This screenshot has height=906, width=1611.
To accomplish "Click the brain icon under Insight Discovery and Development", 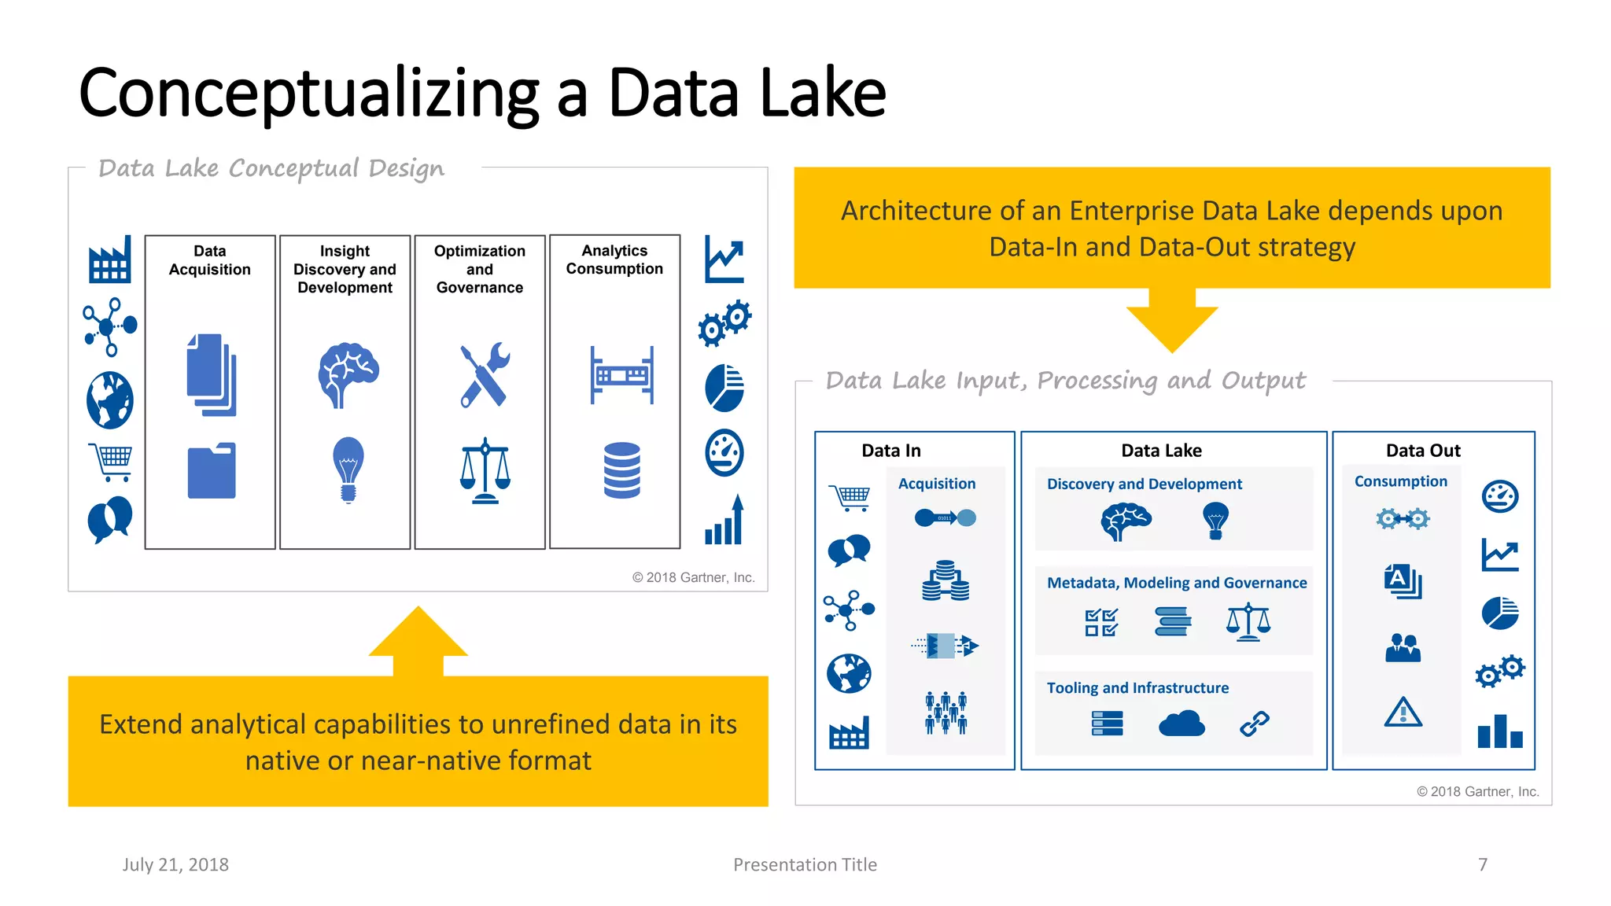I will pos(348,374).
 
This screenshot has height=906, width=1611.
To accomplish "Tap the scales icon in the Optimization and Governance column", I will pos(485,471).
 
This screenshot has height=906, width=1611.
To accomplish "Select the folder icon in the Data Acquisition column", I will pos(212,471).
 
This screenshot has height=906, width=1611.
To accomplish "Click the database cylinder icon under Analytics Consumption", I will pos(621,470).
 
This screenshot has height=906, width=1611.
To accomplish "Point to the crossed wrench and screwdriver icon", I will pos(485,375).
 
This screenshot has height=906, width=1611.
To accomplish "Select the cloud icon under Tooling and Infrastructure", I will pos(1181,723).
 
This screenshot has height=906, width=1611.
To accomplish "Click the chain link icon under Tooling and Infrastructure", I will pos(1254,723).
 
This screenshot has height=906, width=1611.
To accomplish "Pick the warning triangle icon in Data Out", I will pos(1403,712).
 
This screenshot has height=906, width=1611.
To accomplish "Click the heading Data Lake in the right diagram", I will pos(1161,451).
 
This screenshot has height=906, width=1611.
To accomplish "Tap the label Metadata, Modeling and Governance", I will pos(1176,583).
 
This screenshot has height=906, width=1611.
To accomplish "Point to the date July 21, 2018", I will pos(175,864).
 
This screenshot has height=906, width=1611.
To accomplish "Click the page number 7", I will pos(1482,864).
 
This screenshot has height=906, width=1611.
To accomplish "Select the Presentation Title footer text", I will pos(805,864).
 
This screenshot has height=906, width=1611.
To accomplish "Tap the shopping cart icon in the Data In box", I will pos(849,497).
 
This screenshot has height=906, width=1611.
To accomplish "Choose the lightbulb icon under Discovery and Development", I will pos(1215,520).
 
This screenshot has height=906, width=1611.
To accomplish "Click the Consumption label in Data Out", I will pos(1400,481).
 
